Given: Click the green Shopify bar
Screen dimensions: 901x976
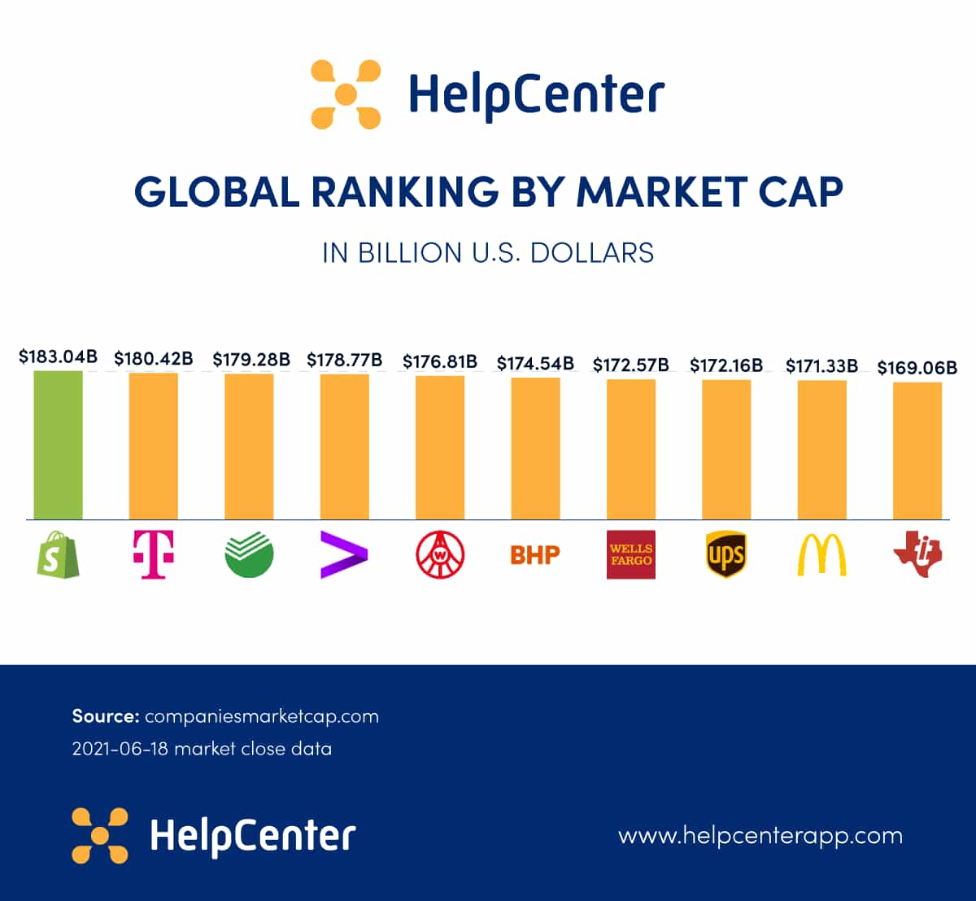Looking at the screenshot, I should tap(58, 445).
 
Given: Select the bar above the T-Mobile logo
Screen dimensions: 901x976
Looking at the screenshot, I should tap(154, 446).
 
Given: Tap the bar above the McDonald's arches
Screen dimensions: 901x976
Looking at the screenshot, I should tap(821, 449).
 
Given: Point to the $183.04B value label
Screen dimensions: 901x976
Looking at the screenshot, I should tap(58, 356).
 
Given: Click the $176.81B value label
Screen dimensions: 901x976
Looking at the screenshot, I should tap(440, 361).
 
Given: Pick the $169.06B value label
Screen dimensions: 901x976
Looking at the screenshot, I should tap(917, 368).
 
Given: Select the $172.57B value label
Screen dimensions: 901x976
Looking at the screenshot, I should tap(631, 365).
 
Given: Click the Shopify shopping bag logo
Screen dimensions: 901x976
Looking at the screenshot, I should tap(58, 555).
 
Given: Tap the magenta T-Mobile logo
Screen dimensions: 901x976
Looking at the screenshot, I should tap(154, 555).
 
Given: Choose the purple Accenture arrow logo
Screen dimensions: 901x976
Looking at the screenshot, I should tap(344, 555).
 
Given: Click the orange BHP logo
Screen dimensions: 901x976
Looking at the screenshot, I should tap(535, 555).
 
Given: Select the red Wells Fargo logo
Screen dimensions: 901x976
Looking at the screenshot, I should tap(631, 555).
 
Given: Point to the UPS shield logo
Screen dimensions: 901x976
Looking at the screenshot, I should tap(726, 555).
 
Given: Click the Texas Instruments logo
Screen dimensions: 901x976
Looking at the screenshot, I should tap(917, 555).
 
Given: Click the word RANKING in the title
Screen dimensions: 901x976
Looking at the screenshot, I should tap(404, 192).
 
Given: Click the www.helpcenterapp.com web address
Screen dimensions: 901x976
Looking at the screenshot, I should tap(760, 835).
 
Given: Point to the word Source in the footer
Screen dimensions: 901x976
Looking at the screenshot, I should tap(106, 716).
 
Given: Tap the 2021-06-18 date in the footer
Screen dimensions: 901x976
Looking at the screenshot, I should tap(120, 749).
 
